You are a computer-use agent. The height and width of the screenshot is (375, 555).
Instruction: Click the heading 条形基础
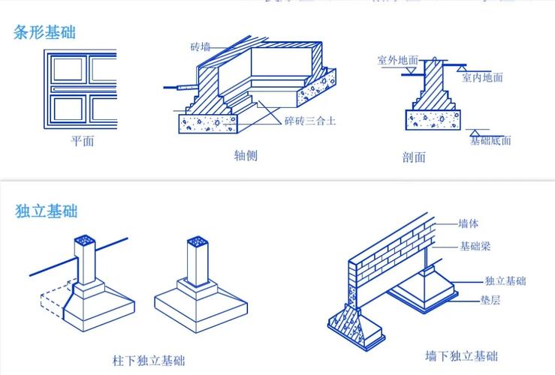click(x=45, y=32)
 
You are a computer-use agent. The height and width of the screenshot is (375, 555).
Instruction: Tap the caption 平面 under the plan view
click(x=83, y=141)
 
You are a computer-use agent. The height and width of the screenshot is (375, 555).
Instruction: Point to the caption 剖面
click(x=414, y=157)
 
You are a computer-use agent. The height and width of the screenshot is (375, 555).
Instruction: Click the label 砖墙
click(x=201, y=46)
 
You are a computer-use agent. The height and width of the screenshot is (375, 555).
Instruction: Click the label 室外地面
click(x=397, y=59)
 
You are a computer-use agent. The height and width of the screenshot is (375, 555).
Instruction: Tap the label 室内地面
click(x=482, y=77)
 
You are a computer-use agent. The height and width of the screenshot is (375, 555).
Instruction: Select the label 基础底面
click(x=490, y=139)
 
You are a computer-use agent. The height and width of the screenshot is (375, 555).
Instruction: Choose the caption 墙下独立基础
click(x=461, y=355)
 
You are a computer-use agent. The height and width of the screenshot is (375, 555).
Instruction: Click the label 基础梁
click(x=475, y=246)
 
